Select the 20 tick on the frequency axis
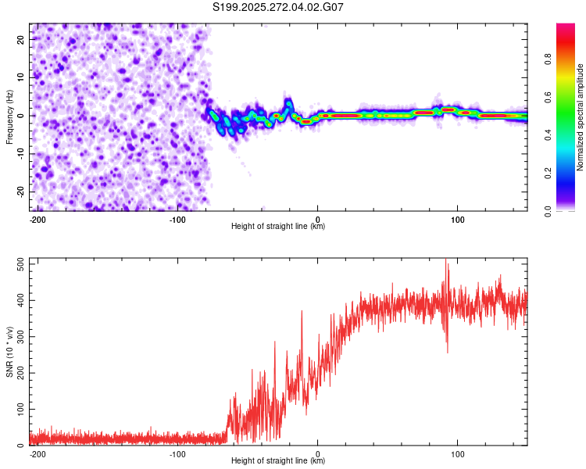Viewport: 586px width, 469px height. tap(21, 38)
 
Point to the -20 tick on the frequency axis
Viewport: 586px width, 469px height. tap(20, 192)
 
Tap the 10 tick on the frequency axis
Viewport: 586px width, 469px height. tap(21, 77)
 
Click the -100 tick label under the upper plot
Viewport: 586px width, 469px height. tap(177, 219)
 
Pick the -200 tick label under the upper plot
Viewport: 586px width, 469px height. tap(37, 219)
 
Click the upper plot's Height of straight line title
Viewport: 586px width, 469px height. tap(278, 227)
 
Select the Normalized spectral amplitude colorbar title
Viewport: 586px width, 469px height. tap(580, 117)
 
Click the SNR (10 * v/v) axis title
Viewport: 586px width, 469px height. tap(10, 352)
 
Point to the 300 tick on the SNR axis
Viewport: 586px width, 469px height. tap(19, 337)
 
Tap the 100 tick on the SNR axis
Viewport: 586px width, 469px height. tap(19, 409)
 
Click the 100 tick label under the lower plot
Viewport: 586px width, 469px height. tap(458, 453)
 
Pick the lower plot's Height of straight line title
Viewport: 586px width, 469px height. tap(278, 461)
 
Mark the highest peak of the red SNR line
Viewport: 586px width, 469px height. tap(446, 259)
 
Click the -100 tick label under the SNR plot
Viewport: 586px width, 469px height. tap(177, 453)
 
